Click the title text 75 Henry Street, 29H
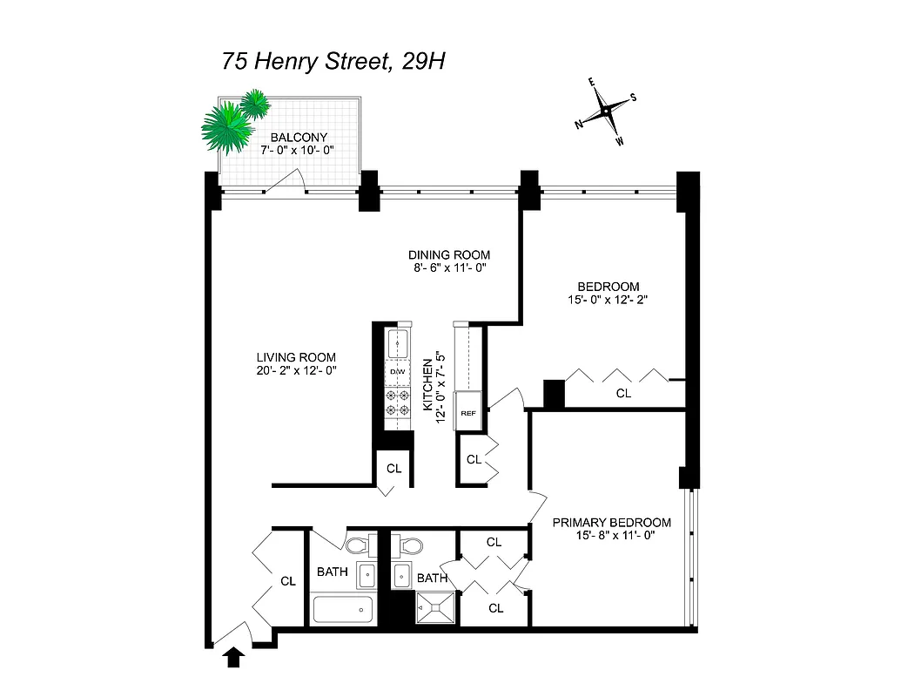point(334,63)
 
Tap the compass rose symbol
point(605,112)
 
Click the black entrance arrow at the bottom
point(233,657)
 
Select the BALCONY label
point(299,137)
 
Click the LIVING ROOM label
point(296,357)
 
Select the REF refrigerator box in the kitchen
point(467,413)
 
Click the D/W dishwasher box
point(398,372)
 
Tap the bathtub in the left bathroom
point(342,609)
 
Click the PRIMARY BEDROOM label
point(612,523)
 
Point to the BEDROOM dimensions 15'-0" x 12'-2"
point(609,300)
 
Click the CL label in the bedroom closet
point(623,394)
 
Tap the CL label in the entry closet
point(288,579)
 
